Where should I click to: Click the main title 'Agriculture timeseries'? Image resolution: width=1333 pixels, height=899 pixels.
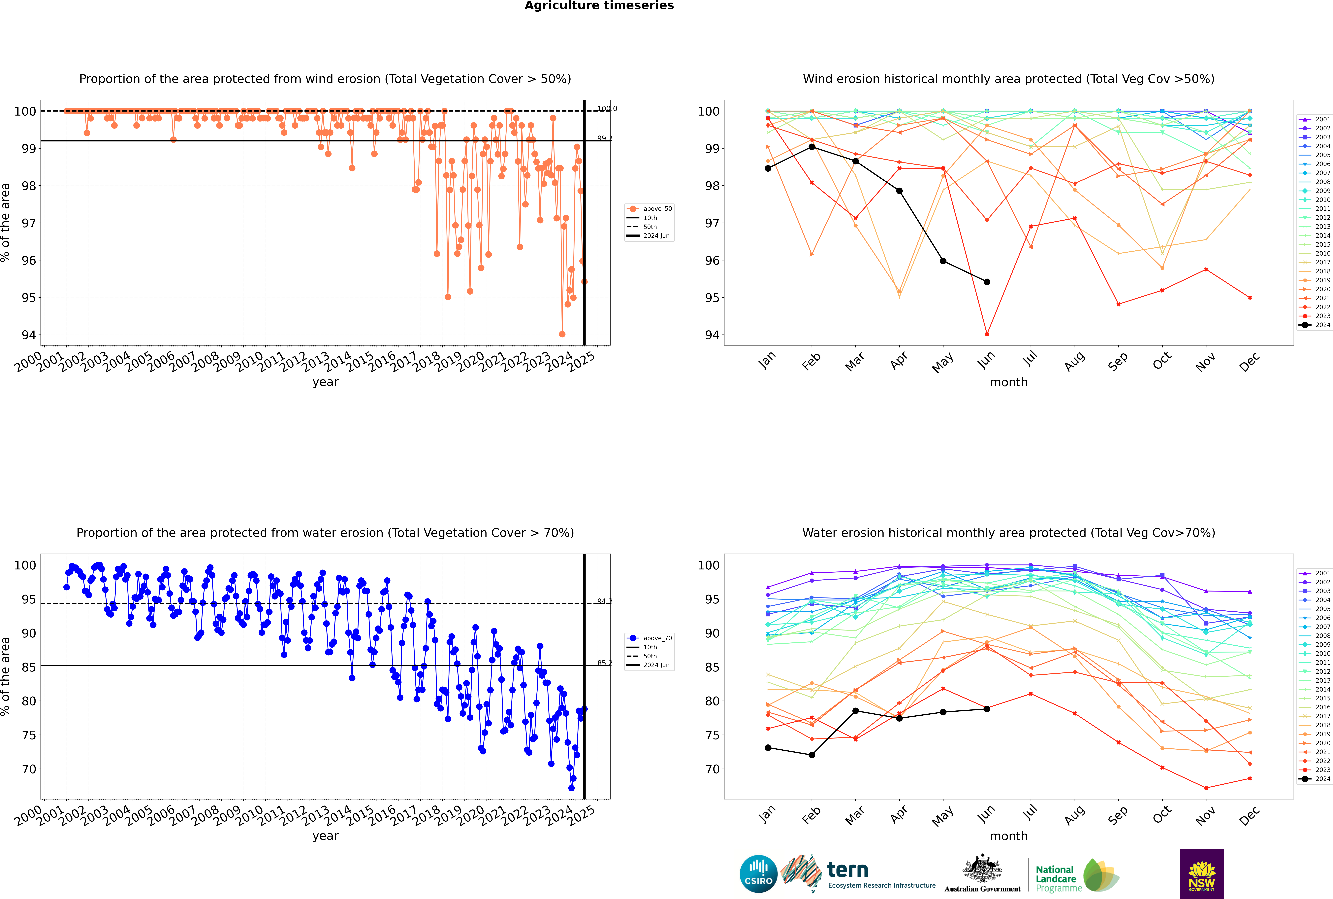[x=599, y=6]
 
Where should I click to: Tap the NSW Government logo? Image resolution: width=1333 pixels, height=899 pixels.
[x=1202, y=873]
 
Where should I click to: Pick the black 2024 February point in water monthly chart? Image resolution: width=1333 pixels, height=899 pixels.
[x=811, y=755]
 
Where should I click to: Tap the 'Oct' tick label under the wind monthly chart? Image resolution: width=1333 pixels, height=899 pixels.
[x=1162, y=361]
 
